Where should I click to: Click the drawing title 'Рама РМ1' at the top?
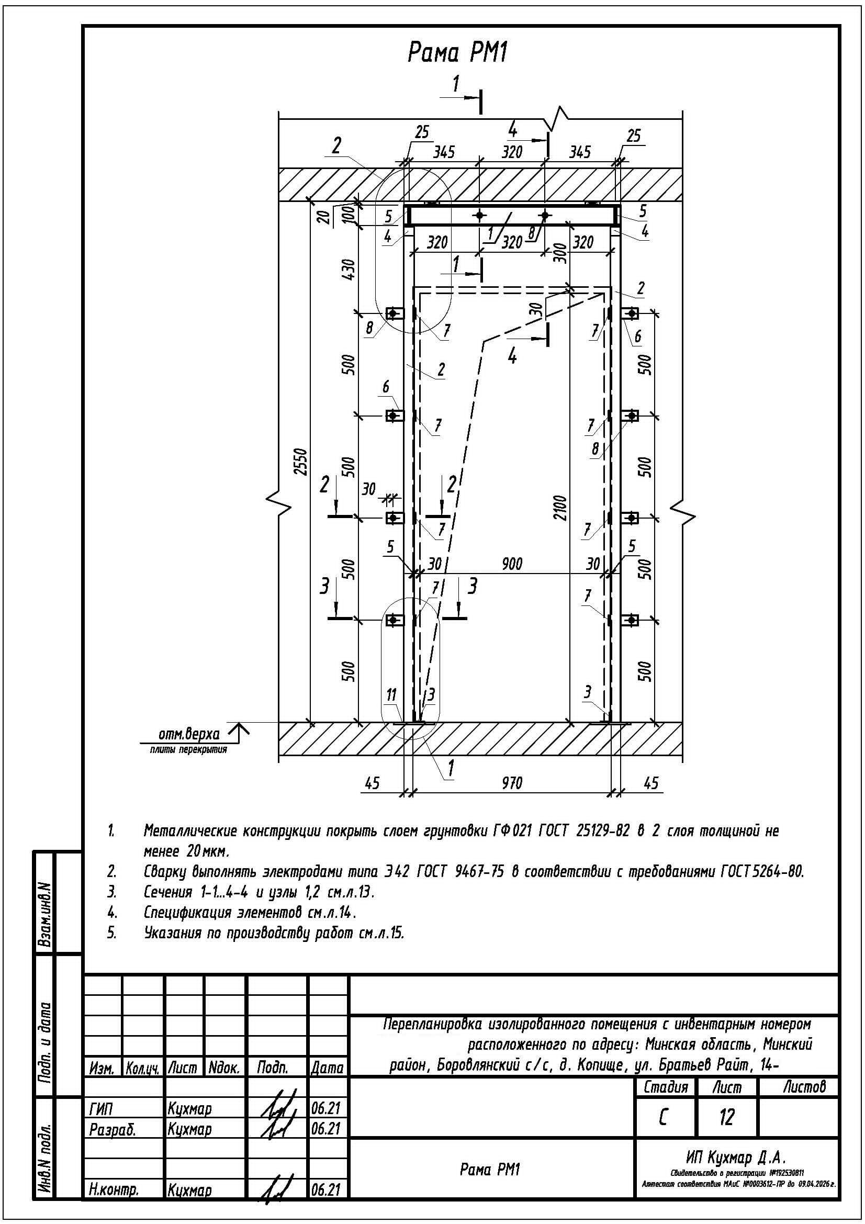[x=457, y=53]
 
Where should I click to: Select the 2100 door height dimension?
[x=561, y=508]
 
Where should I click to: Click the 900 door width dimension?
[x=512, y=564]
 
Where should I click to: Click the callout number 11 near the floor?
[x=392, y=695]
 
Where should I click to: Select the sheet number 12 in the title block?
[x=726, y=1116]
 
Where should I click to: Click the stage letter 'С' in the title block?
[x=663, y=1116]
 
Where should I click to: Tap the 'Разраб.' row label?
[x=113, y=1129]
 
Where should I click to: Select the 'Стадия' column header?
[x=666, y=1086]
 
